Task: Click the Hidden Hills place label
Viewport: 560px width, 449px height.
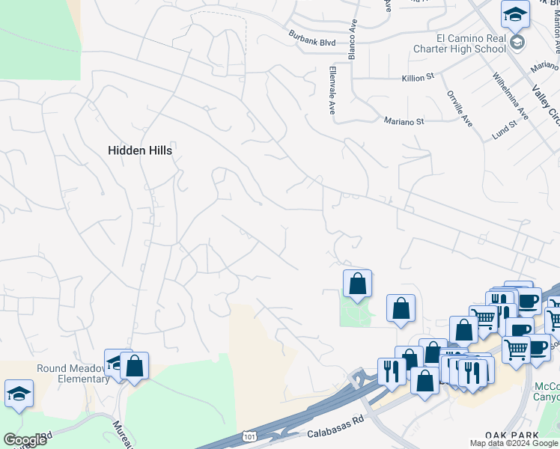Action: point(140,150)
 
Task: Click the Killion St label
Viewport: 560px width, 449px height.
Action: point(418,77)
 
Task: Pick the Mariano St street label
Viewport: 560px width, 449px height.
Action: point(404,121)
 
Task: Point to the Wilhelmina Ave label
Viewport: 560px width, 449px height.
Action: point(511,97)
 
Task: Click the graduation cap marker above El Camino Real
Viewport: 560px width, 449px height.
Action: point(515,15)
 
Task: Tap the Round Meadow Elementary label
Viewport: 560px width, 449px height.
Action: point(73,373)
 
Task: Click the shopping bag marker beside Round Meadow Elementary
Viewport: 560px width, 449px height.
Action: point(135,367)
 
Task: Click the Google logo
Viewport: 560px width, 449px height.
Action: point(25,440)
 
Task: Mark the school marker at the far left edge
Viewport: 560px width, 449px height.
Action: point(19,394)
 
